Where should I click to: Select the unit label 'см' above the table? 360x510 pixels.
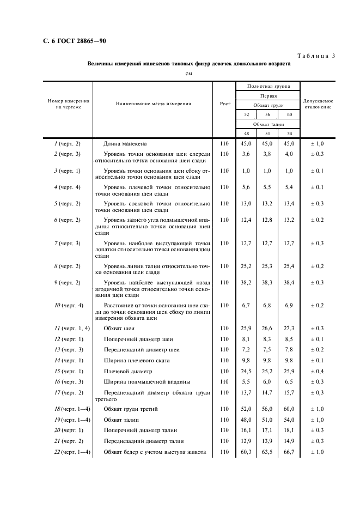pos(188,74)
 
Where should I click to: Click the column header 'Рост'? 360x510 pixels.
pos(225,104)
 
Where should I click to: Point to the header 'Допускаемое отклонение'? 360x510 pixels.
pos(318,104)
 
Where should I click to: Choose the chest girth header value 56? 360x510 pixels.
pos(267,114)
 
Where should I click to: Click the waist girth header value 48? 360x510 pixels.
pos(246,134)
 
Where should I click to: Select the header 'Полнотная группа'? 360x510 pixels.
pos(268,86)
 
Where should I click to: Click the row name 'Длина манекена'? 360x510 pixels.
pos(125,144)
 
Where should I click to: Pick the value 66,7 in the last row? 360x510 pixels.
pos(289,452)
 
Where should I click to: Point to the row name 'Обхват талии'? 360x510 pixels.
pos(121,420)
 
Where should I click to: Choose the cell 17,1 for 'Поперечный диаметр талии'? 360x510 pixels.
pos(267,430)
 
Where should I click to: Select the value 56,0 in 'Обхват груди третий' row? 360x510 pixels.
pos(267,410)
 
